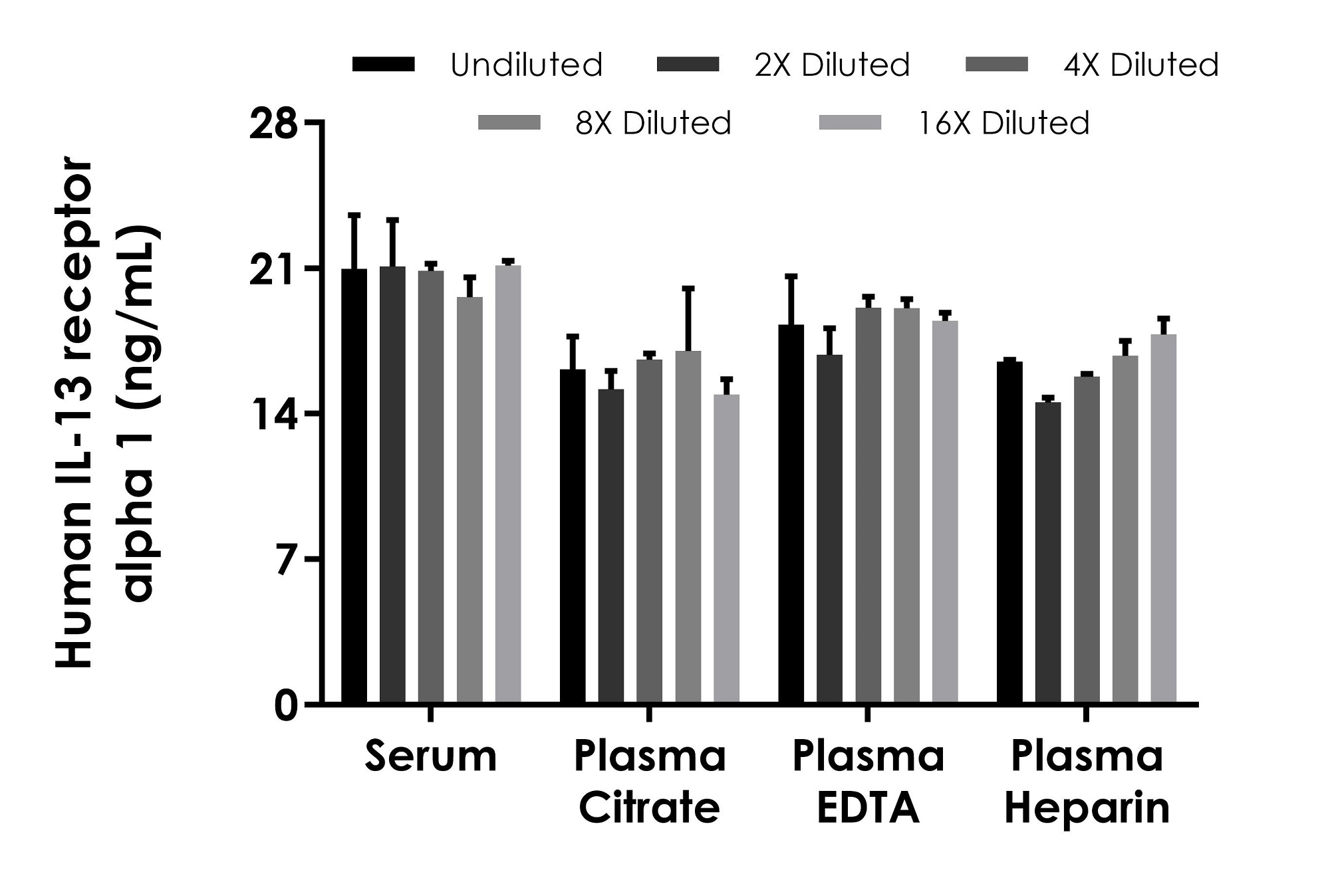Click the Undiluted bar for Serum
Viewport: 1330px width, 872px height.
click(x=354, y=485)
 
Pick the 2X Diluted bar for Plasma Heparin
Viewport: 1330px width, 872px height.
click(x=1048, y=552)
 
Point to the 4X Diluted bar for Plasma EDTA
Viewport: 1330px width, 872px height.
click(x=868, y=505)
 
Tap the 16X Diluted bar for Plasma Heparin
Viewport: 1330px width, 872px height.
click(x=1163, y=518)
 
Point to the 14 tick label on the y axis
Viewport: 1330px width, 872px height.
click(x=273, y=414)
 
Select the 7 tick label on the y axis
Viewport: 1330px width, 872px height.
click(x=285, y=560)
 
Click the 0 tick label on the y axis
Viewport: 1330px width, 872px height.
click(x=286, y=706)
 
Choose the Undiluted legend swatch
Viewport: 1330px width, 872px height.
click(x=384, y=64)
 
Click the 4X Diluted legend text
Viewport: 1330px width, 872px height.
click(x=1141, y=65)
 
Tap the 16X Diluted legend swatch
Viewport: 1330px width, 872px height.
click(x=850, y=123)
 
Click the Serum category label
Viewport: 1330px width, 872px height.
click(x=431, y=756)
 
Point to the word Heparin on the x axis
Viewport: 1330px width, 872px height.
click(x=1087, y=808)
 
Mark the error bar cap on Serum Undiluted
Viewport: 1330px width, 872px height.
click(x=354, y=215)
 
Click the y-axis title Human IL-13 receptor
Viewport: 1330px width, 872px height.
click(x=74, y=412)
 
